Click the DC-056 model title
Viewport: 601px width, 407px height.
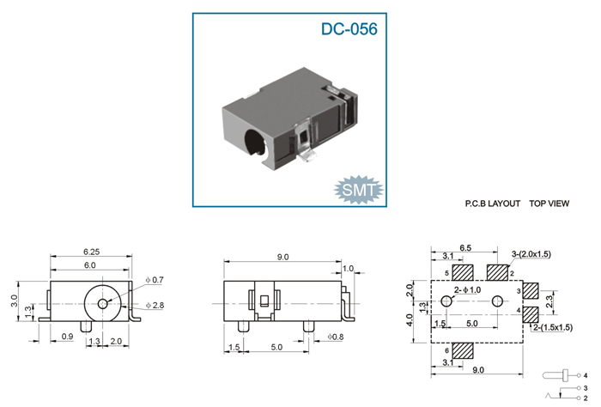point(349,29)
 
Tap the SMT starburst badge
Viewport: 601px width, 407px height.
point(358,190)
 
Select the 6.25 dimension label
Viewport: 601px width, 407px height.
point(91,252)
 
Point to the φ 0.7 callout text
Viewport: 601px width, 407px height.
point(155,280)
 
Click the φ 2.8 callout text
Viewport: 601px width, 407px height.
point(155,306)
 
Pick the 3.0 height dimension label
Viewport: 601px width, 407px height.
point(15,301)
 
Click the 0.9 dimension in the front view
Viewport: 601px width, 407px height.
point(67,337)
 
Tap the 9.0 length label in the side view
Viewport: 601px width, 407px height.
point(282,257)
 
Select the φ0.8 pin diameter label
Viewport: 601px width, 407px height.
point(335,337)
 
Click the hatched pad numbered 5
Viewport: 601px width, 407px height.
point(463,273)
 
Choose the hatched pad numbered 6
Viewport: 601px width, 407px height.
point(463,350)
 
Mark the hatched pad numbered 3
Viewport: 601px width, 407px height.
point(531,291)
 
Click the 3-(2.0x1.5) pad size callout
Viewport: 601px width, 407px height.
point(531,254)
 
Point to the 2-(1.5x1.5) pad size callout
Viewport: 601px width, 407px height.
point(552,328)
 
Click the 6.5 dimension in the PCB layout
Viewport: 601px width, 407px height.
point(465,248)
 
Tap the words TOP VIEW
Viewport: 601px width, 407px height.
point(549,203)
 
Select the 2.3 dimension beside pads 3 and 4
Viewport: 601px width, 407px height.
point(549,301)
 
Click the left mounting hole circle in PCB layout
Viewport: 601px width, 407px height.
point(446,301)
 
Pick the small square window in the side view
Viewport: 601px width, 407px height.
point(264,301)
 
